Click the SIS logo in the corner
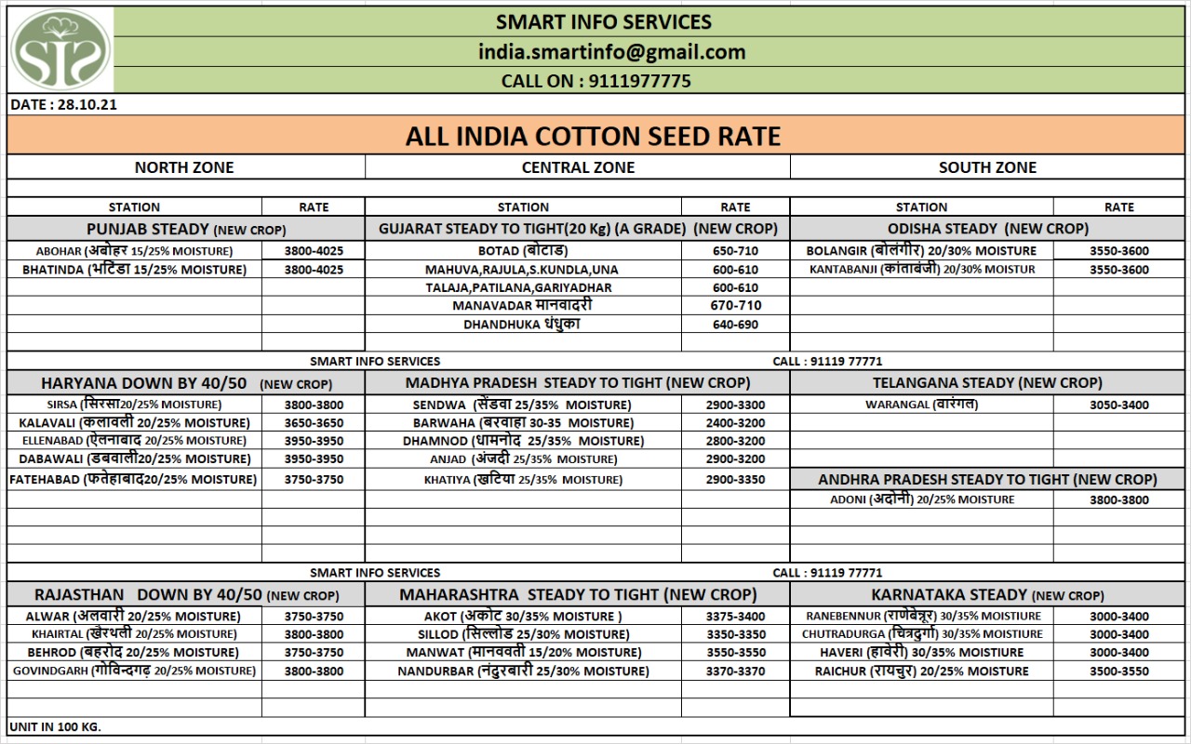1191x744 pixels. click(x=60, y=50)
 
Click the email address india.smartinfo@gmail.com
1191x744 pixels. click(x=611, y=52)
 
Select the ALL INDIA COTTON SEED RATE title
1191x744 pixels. click(x=593, y=137)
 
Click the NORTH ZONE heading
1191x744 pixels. click(x=184, y=167)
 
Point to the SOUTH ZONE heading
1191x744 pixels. click(x=987, y=167)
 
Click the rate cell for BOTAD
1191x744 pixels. click(x=734, y=251)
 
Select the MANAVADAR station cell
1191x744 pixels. click(x=522, y=306)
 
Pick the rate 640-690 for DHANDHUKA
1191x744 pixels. click(x=734, y=325)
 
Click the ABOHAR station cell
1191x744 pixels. click(x=135, y=251)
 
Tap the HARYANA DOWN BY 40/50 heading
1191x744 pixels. click(x=186, y=383)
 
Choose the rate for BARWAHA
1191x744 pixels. click(x=734, y=423)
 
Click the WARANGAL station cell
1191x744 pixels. click(x=921, y=405)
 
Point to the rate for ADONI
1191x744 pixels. click(x=1118, y=500)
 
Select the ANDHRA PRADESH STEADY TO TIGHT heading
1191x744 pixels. click(x=987, y=480)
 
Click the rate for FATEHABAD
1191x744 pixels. click(x=314, y=480)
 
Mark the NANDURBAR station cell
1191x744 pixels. click(x=523, y=671)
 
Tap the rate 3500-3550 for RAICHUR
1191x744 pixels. click(x=1118, y=671)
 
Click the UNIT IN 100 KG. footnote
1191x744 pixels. click(x=55, y=726)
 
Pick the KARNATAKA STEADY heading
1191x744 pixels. click(x=987, y=595)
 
